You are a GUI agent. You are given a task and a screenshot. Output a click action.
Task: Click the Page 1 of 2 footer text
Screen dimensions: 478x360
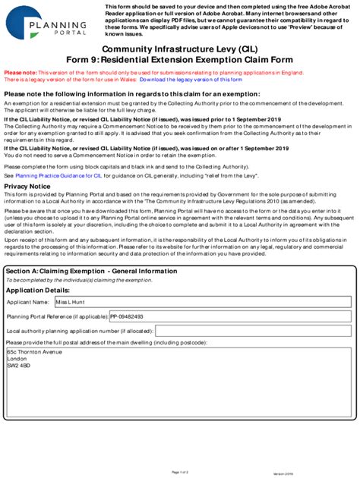[180, 472]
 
